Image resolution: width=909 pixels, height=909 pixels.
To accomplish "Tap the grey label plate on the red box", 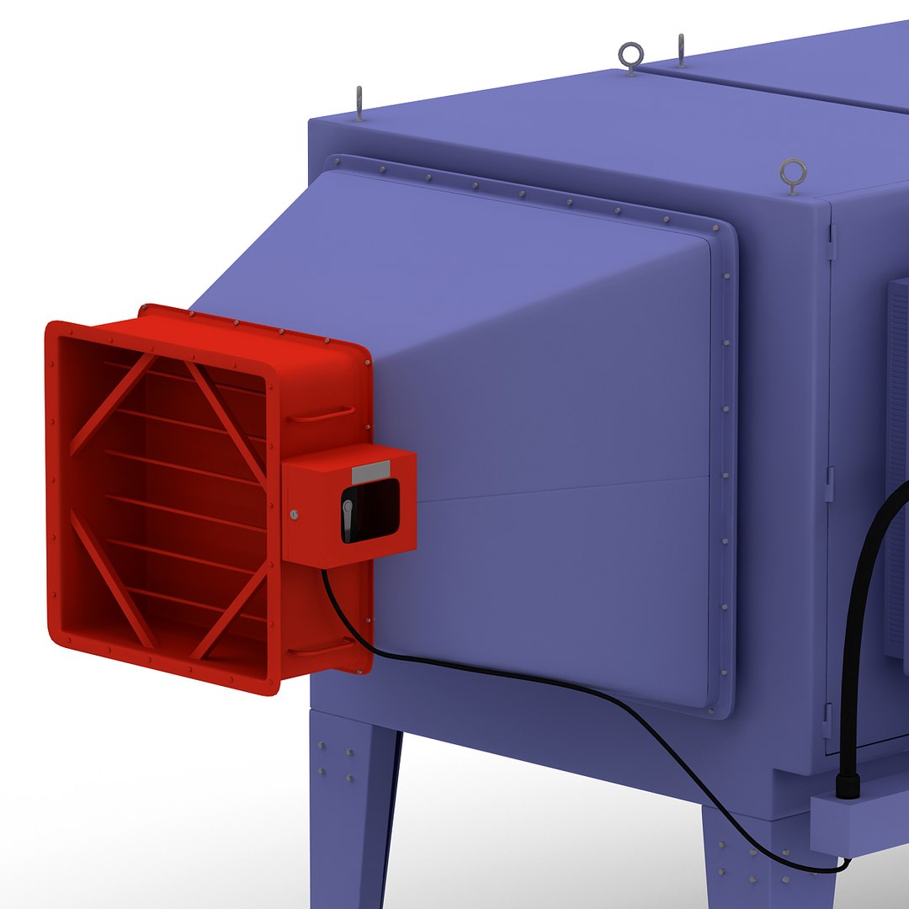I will [370, 472].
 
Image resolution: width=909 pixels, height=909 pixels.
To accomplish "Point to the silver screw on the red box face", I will [293, 514].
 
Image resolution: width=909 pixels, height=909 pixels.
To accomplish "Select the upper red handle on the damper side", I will [320, 415].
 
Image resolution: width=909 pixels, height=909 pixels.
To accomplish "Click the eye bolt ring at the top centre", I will [630, 56].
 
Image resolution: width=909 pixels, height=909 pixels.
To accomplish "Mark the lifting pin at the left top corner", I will [359, 103].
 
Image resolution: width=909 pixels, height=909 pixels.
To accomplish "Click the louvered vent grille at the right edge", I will [897, 463].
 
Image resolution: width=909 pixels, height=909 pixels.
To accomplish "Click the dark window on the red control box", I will [375, 510].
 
